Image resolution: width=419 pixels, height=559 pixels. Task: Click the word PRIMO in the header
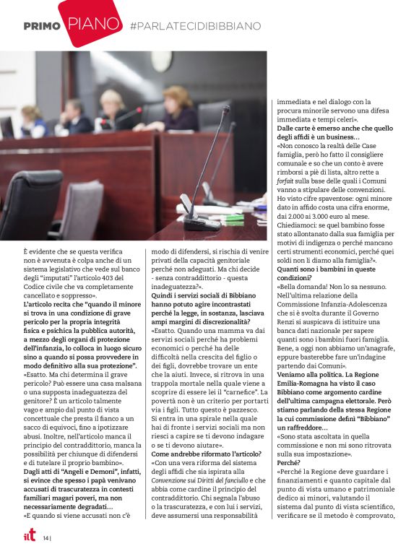tap(40, 26)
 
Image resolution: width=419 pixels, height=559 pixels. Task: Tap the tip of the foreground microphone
tap(226, 110)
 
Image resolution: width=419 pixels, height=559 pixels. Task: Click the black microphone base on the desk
tap(202, 221)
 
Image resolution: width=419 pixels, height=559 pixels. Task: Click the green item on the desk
tap(233, 217)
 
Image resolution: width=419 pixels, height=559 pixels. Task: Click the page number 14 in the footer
tap(45, 537)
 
